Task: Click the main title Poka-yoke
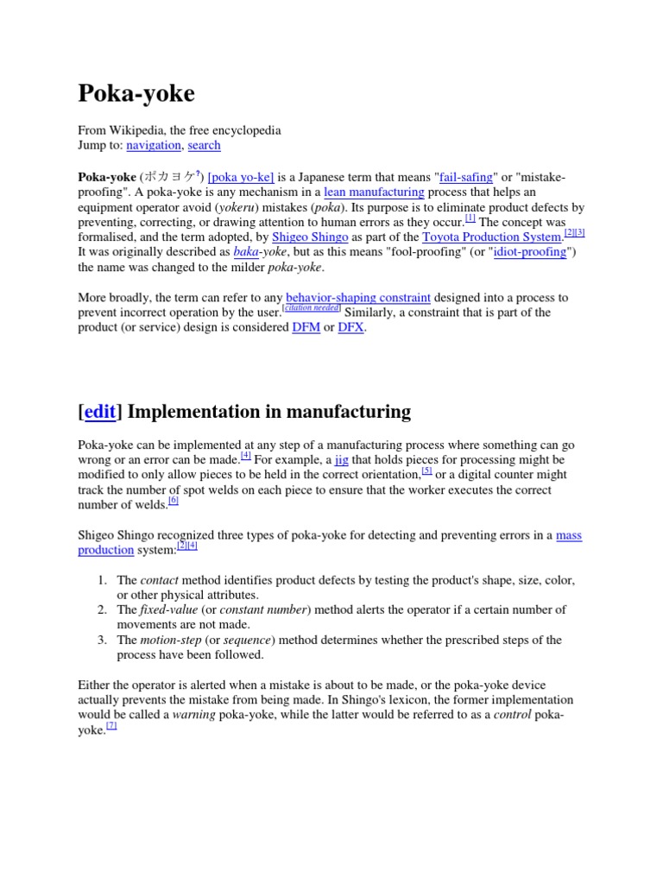(x=136, y=93)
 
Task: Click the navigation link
(x=154, y=145)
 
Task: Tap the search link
(x=204, y=145)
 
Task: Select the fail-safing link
(x=466, y=177)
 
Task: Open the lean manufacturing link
(x=374, y=193)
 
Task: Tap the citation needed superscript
(x=312, y=308)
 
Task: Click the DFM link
(x=306, y=328)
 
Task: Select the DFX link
(x=350, y=328)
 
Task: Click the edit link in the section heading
(x=99, y=412)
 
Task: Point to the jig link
(x=341, y=460)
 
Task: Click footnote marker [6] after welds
(x=174, y=501)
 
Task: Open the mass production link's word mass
(x=569, y=535)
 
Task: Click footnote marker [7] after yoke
(x=111, y=726)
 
